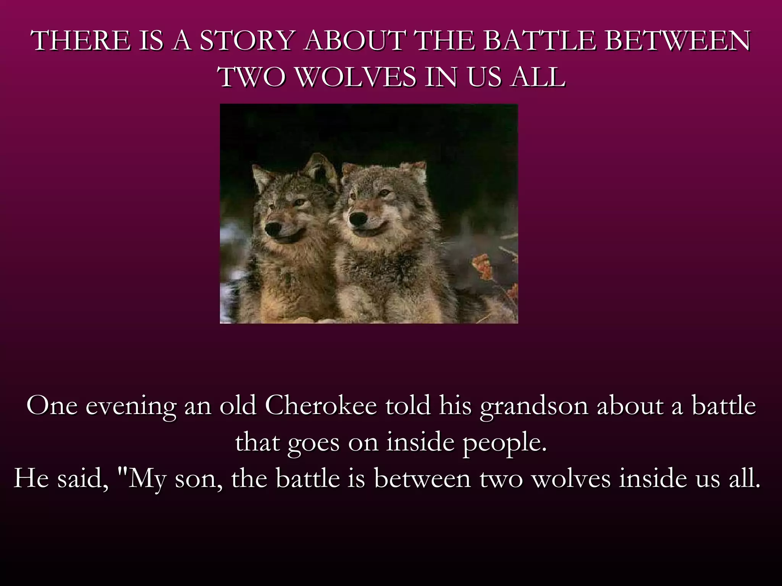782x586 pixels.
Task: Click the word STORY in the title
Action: (247, 41)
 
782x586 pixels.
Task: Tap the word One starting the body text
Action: (52, 406)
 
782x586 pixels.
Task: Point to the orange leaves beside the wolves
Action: (483, 267)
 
